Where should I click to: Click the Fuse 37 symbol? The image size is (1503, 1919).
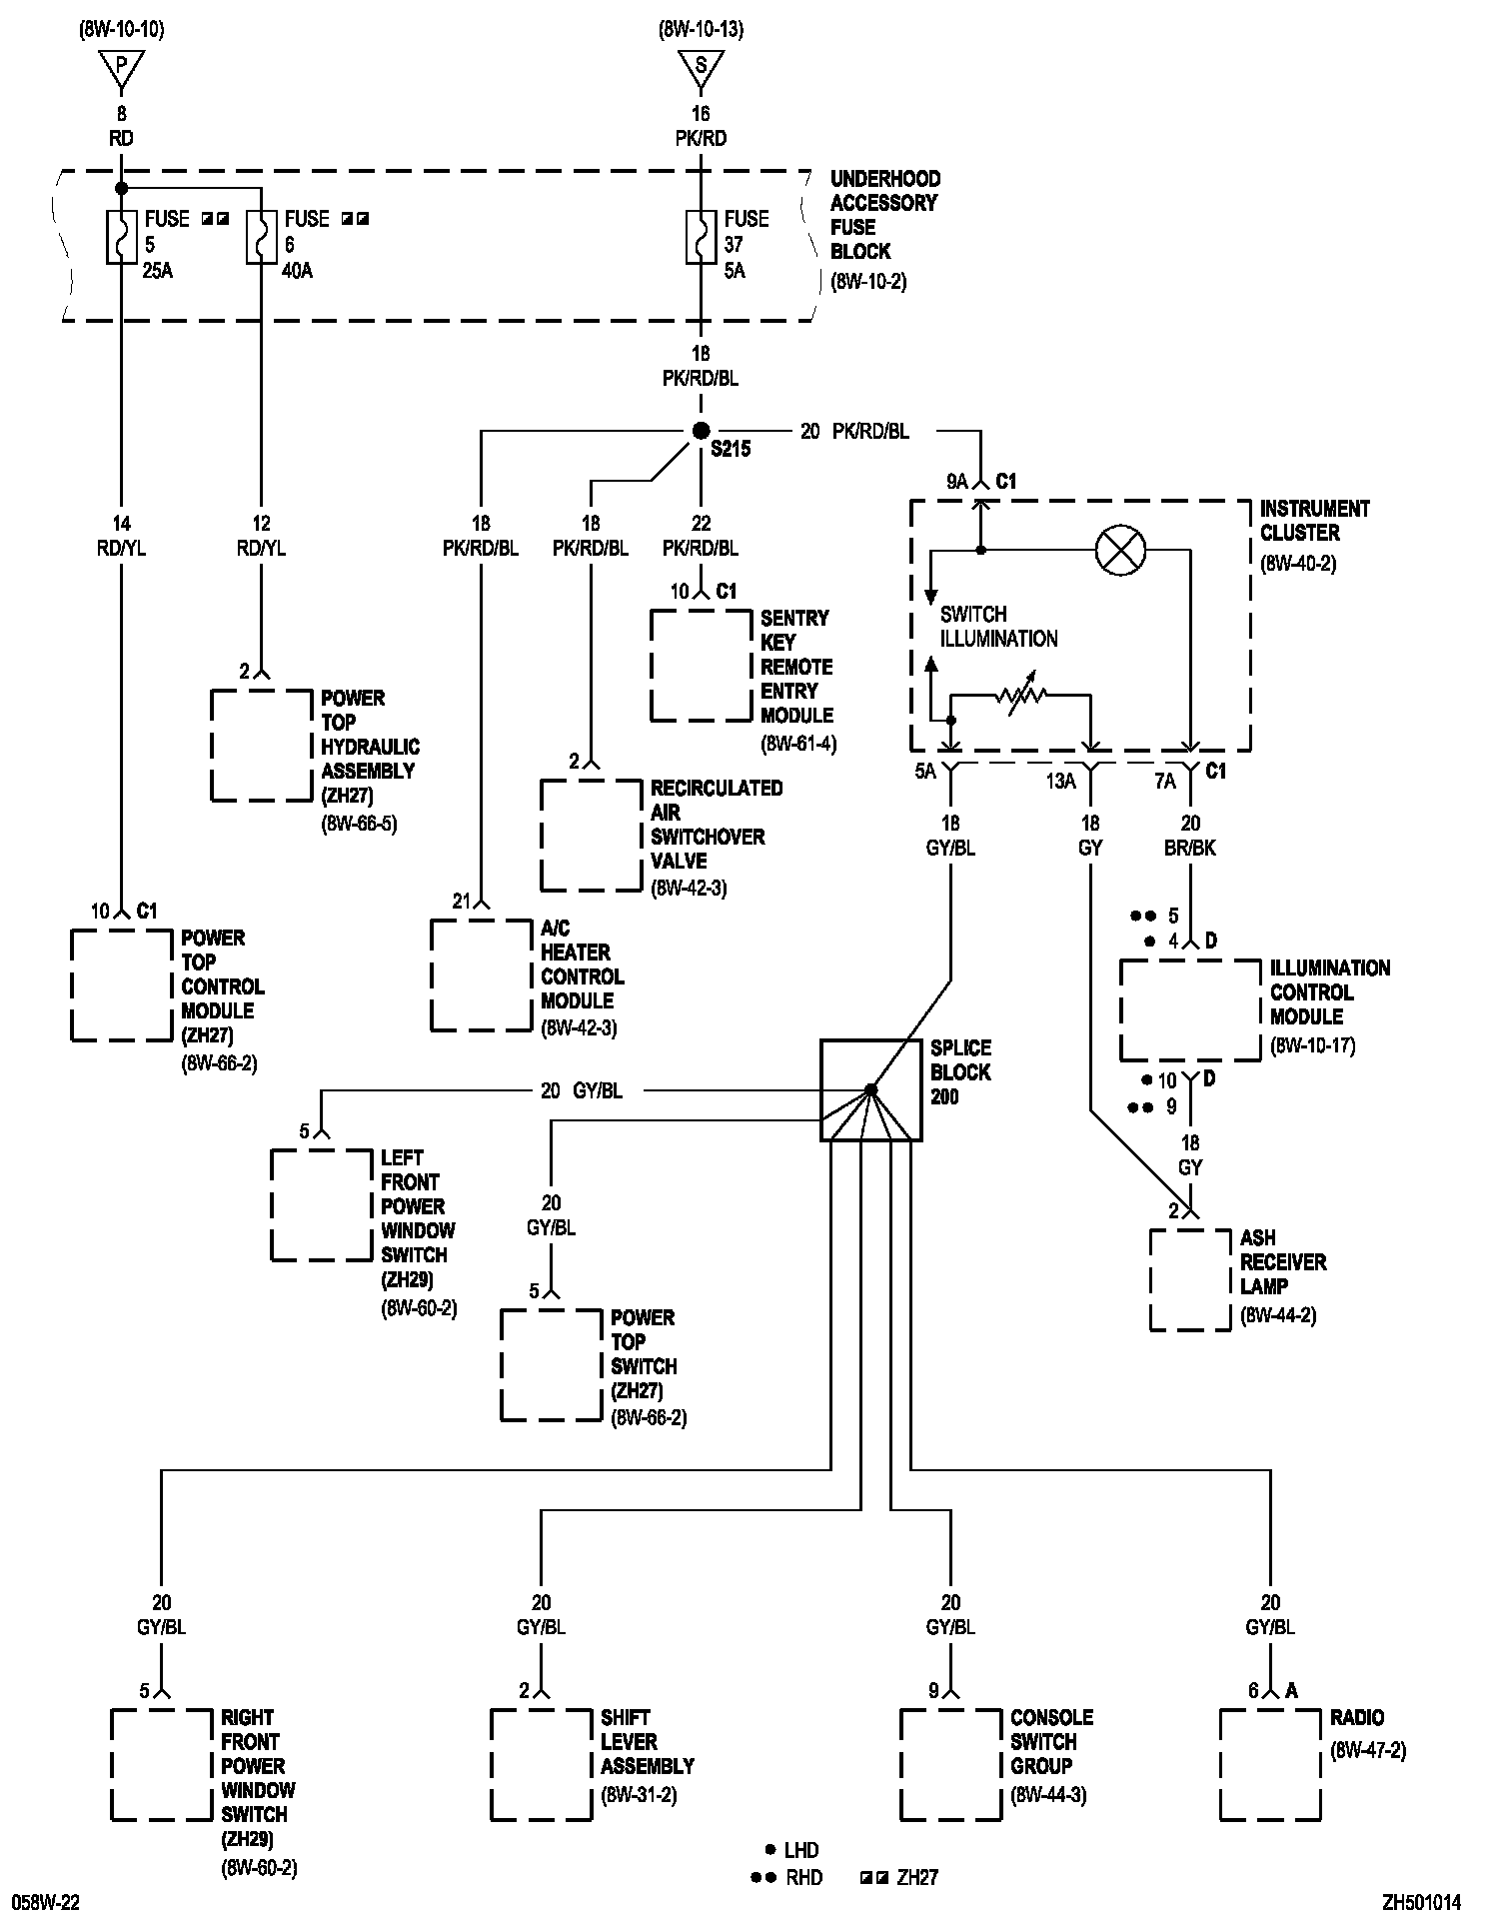tap(701, 237)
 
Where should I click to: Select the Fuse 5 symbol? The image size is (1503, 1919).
tap(121, 237)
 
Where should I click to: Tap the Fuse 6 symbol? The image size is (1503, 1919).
tap(261, 237)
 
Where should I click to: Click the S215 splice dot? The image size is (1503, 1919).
tap(701, 431)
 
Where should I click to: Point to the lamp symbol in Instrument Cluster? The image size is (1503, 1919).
tap(1120, 551)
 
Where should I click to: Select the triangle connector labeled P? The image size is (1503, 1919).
tap(121, 68)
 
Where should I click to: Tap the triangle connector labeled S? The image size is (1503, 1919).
tap(701, 68)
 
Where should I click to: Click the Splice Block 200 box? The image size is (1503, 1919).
tap(871, 1090)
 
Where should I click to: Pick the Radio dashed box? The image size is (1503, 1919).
tap(1270, 1764)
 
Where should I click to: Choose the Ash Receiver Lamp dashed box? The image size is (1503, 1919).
tap(1190, 1279)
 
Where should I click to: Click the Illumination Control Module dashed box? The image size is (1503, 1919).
tap(1190, 1010)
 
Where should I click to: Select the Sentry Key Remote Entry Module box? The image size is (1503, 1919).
tap(701, 665)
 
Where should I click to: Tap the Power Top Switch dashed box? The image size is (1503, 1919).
tap(551, 1364)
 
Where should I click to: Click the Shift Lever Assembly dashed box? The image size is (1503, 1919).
tap(541, 1764)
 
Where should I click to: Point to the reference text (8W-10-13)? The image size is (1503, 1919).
tap(701, 29)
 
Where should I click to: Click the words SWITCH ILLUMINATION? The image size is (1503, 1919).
tap(998, 627)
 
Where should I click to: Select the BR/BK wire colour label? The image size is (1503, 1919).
tap(1190, 848)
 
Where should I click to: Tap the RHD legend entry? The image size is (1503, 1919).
tap(788, 1878)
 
